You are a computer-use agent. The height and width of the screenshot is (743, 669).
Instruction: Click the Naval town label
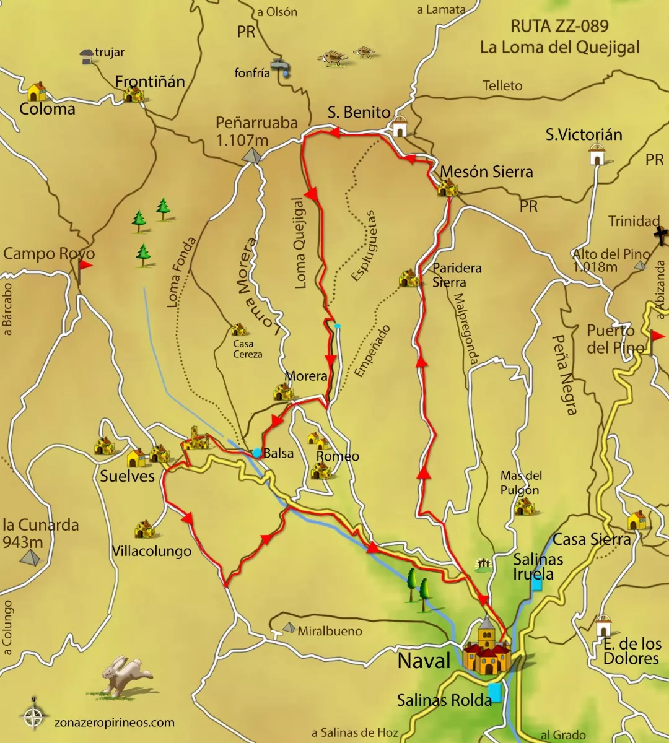(424, 661)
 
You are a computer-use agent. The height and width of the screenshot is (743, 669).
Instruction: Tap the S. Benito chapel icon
(400, 127)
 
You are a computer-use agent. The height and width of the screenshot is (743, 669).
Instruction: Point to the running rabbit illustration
(126, 674)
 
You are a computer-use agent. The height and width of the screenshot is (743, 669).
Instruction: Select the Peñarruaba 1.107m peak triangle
(253, 157)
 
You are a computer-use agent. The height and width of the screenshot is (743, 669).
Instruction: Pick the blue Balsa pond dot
(256, 453)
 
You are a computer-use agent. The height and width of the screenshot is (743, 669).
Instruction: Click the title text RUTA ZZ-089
(559, 26)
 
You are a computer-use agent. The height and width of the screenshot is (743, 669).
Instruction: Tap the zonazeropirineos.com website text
(114, 722)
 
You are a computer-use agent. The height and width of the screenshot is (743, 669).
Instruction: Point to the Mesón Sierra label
(486, 172)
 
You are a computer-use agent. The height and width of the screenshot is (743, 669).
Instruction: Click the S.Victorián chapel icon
(597, 155)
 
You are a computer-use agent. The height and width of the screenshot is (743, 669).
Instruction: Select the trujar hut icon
(87, 57)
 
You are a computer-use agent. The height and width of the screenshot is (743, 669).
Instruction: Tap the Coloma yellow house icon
(37, 92)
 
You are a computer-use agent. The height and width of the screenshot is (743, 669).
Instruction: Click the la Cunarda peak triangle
(29, 558)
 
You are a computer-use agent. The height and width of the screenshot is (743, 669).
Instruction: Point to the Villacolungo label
(151, 551)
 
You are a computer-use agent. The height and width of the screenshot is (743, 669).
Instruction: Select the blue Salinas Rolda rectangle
(494, 692)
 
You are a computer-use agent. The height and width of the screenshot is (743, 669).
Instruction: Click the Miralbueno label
(330, 631)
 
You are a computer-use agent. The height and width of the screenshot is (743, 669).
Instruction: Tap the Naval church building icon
(487, 648)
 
